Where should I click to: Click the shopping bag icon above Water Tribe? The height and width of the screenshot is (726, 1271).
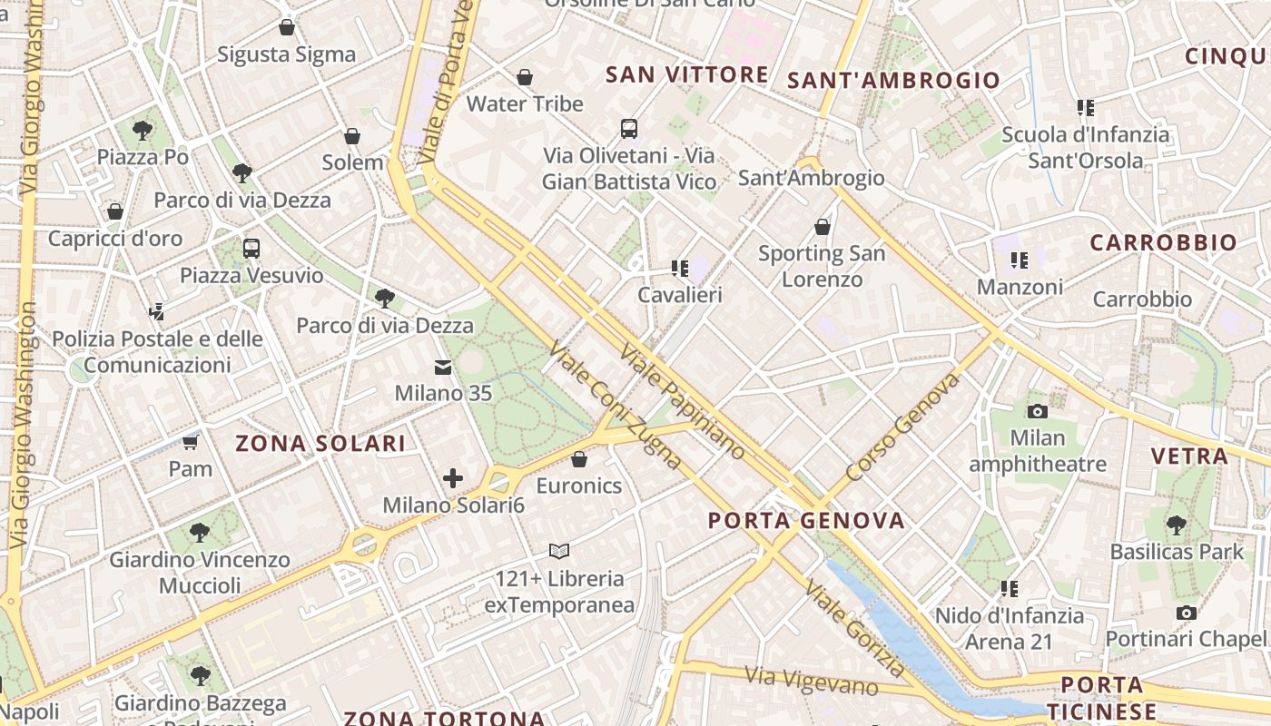click(524, 77)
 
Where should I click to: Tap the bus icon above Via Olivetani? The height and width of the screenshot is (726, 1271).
click(629, 128)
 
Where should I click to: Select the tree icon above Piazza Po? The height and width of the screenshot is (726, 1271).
click(142, 131)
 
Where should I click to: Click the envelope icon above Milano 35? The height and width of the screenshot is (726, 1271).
click(443, 368)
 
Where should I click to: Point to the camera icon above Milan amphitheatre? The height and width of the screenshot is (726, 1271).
click(1038, 411)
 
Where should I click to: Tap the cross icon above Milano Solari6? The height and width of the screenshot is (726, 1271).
click(453, 478)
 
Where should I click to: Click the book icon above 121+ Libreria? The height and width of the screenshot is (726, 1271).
click(559, 551)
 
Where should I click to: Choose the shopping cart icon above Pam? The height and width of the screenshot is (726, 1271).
click(190, 442)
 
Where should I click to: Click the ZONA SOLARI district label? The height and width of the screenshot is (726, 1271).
click(320, 443)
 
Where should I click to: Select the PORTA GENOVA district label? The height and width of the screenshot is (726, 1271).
click(806, 520)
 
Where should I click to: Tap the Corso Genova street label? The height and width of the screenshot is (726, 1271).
click(902, 427)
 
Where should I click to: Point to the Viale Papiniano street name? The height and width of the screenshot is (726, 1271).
click(683, 401)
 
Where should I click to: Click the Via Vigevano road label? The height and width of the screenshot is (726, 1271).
click(812, 681)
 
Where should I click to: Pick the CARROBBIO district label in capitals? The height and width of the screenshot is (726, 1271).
click(1163, 242)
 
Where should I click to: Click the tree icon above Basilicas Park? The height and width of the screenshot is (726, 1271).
click(1177, 525)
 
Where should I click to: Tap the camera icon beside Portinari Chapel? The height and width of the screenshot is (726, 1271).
click(1186, 613)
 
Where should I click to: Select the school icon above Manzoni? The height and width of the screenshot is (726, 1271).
click(1019, 260)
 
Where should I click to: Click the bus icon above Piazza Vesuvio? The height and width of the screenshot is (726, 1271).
click(251, 248)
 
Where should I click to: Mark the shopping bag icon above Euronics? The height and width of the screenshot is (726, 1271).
click(579, 459)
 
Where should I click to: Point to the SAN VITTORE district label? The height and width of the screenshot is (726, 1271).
click(687, 74)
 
